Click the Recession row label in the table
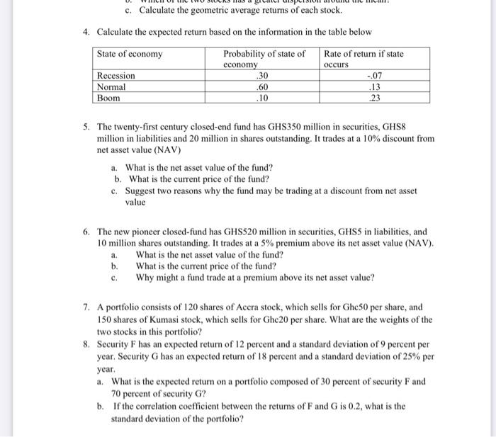[x=115, y=76]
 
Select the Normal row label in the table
[x=111, y=86]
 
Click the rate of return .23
[x=375, y=98]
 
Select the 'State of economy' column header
[x=130, y=54]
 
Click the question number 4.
[x=85, y=33]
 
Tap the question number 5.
[x=85, y=127]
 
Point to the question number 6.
[x=85, y=232]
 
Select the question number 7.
[x=85, y=308]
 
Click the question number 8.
[x=85, y=344]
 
